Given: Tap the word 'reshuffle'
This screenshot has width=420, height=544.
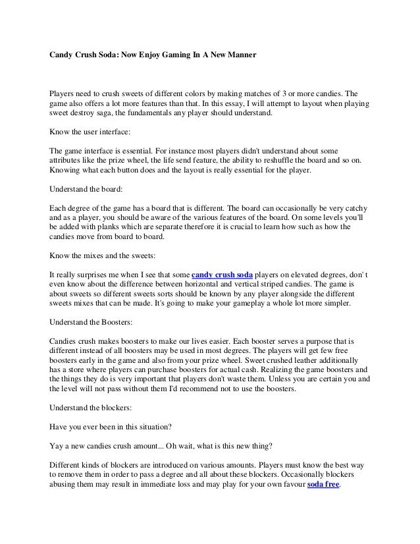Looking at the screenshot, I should [x=284, y=160].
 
